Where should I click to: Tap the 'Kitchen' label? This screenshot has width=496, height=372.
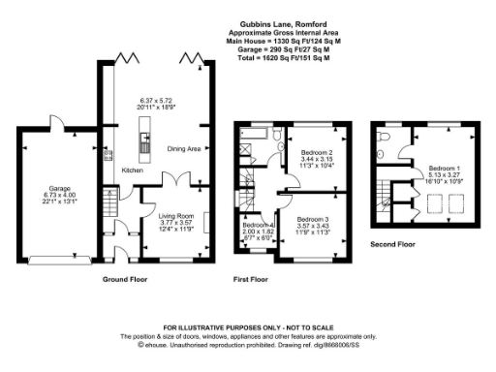click(x=132, y=170)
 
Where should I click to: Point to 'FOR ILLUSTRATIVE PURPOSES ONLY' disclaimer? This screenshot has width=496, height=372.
click(x=248, y=329)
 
